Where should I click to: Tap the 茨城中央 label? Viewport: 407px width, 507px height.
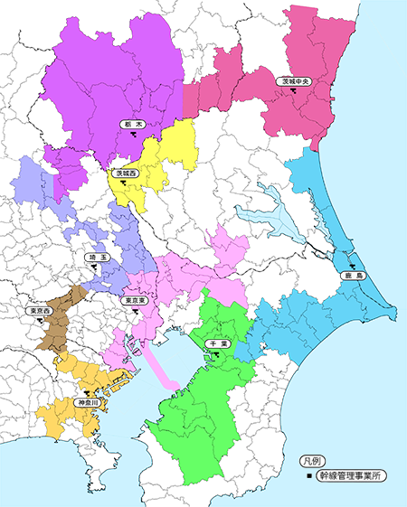[x=295, y=81]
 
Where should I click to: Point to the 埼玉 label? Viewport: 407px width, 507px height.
[x=97, y=258]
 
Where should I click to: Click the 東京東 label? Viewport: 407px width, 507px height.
[x=134, y=300]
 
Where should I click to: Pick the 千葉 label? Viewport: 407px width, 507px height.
[x=218, y=344]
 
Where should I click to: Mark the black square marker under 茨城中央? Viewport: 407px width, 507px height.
[x=294, y=91]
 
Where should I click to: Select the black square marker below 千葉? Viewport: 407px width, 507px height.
[x=218, y=354]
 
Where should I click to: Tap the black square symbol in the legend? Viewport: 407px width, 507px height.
[x=309, y=474]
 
